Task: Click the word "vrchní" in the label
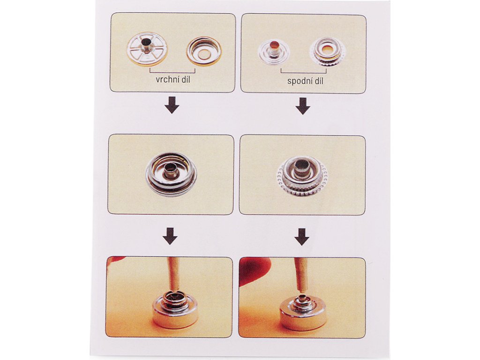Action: click(167, 80)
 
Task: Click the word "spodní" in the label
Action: click(300, 81)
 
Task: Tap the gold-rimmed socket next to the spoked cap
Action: click(204, 51)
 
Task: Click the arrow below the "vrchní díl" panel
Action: click(172, 105)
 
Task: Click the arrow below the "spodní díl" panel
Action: click(303, 106)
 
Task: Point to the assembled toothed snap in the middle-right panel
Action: click(302, 176)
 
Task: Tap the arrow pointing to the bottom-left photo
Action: click(170, 236)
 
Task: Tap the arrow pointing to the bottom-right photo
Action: click(302, 237)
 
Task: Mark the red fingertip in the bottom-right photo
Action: click(254, 270)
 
